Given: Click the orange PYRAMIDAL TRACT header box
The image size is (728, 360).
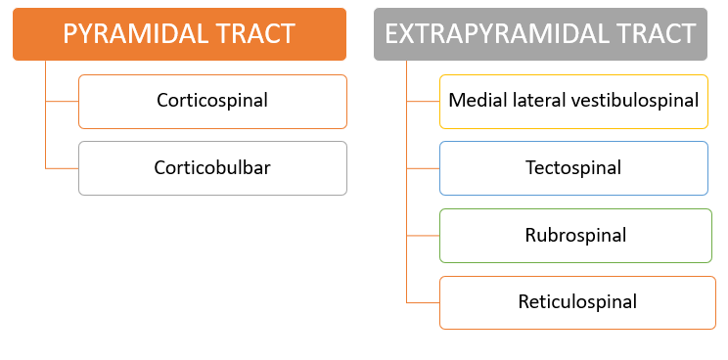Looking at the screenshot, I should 179,34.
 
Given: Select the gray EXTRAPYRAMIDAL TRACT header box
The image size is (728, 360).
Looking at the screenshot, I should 540,34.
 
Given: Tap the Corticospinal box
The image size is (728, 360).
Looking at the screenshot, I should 212,101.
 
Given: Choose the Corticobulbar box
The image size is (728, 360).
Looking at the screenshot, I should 212,168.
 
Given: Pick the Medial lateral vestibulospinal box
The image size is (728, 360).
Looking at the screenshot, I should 573,101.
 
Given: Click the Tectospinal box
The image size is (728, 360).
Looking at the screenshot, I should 573,168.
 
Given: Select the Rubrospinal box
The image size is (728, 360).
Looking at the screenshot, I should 573,236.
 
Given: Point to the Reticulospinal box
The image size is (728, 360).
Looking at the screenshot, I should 577,302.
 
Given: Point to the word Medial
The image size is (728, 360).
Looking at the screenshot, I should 473,101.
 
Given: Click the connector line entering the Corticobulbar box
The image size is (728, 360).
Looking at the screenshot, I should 62,168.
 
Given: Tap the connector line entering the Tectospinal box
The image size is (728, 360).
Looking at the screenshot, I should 423,168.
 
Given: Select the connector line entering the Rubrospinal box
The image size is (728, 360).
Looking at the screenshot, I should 423,236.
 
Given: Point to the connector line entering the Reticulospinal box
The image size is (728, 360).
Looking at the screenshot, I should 423,302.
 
